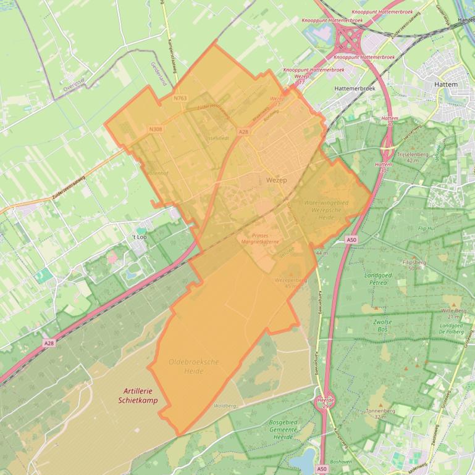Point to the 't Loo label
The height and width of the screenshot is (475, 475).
pyautogui.click(x=140, y=236)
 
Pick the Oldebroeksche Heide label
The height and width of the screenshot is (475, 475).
pyautogui.click(x=193, y=366)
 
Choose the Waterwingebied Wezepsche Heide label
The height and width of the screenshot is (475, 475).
pyautogui.click(x=327, y=207)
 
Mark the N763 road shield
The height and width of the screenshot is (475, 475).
pyautogui.click(x=180, y=98)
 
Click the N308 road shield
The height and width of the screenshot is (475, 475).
pyautogui.click(x=156, y=129)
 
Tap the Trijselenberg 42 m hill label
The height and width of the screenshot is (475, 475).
pyautogui.click(x=413, y=157)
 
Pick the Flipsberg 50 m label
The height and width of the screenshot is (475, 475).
pyautogui.click(x=414, y=265)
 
